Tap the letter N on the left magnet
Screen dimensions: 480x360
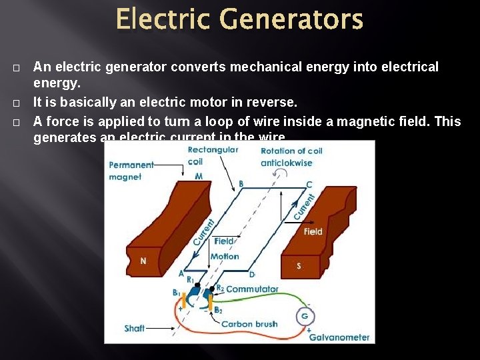click(143, 261)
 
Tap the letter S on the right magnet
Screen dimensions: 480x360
click(299, 266)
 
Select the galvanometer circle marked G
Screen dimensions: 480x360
click(305, 316)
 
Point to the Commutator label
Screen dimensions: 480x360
click(252, 289)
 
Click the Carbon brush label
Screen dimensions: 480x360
click(249, 324)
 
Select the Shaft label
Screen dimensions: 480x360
click(135, 329)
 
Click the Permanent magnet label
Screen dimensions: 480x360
click(131, 171)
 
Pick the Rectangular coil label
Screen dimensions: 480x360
click(213, 155)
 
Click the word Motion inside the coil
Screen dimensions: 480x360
click(225, 256)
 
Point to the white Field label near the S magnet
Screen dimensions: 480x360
click(313, 231)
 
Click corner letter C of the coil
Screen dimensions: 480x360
click(309, 185)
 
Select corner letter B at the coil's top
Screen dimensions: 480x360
click(241, 183)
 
